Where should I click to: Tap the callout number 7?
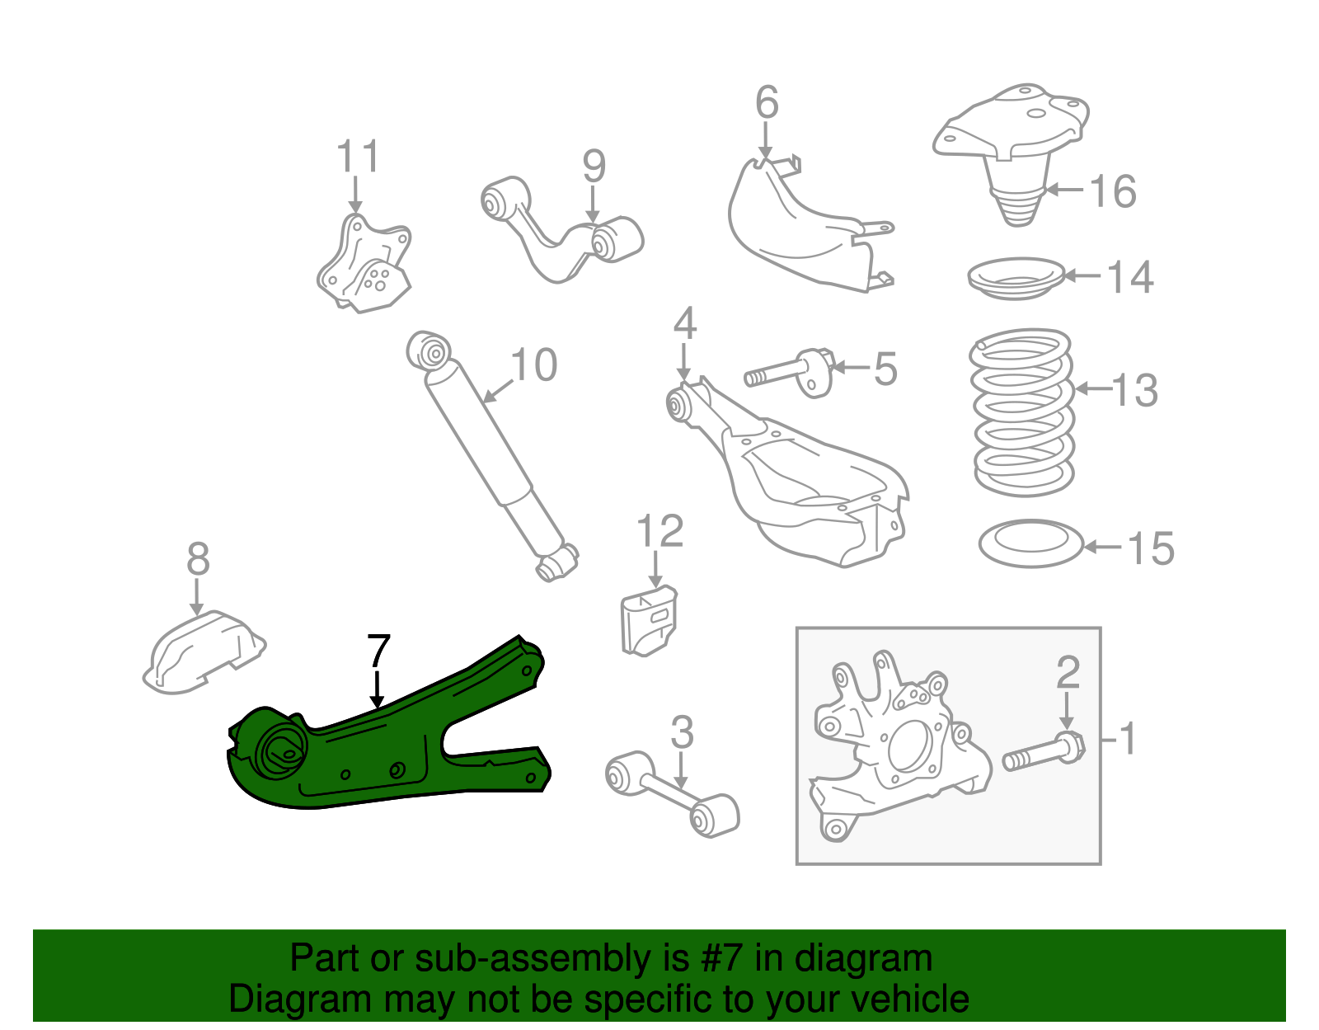point(378,652)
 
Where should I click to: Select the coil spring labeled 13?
point(1023,412)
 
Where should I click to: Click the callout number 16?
point(1113,191)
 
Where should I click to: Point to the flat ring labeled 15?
point(1030,543)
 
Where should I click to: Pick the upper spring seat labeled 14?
point(1016,278)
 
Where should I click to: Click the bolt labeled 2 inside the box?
point(1044,751)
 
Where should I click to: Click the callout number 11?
point(358,157)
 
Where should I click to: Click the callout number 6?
point(767,103)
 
